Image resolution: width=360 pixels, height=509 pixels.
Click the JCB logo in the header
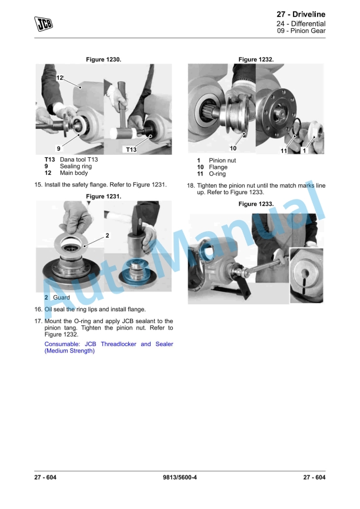point(42,23)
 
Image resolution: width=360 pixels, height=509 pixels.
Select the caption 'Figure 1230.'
point(104,59)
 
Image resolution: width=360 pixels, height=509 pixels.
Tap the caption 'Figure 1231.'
point(104,196)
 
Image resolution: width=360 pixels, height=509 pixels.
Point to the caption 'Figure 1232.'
point(256,59)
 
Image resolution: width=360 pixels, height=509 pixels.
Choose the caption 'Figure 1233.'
point(256,204)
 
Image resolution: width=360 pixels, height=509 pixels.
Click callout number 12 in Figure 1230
point(60,78)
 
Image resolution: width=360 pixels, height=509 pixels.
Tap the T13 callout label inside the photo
point(131,150)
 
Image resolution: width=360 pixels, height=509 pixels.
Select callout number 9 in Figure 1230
point(58,148)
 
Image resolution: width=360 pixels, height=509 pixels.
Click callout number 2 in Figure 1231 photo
point(107,235)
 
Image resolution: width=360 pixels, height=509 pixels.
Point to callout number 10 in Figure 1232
point(233,148)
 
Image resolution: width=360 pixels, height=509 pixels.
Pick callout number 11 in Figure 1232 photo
point(284,151)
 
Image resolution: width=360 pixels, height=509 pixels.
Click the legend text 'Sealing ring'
point(76,167)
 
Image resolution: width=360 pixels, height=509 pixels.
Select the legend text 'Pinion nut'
point(222,161)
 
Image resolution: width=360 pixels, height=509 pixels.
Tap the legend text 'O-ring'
point(217,174)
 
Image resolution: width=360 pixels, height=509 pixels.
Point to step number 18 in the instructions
point(190,185)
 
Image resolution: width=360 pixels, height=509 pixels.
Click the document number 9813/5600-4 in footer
point(180,477)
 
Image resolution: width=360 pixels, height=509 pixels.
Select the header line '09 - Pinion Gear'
point(301,31)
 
